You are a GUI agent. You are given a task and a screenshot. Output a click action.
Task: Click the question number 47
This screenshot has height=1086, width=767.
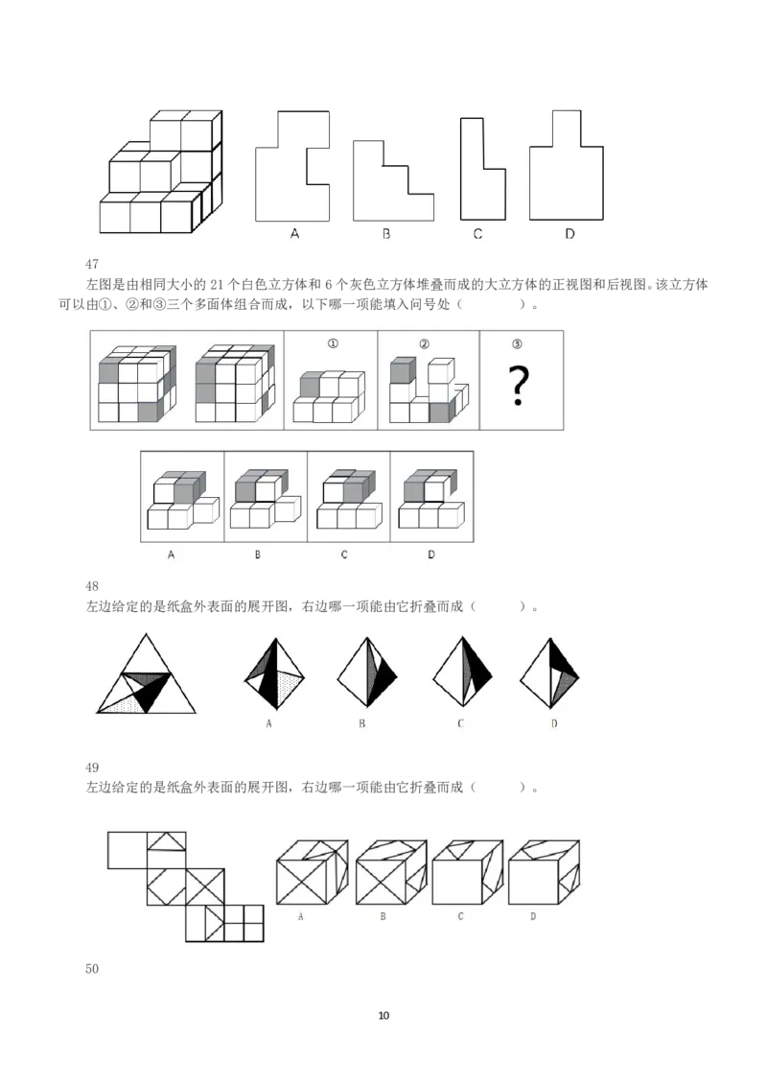pos(92,264)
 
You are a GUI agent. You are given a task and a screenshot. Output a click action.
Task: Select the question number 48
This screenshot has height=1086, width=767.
pos(92,586)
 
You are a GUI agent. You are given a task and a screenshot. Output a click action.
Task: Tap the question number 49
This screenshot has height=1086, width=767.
pos(92,767)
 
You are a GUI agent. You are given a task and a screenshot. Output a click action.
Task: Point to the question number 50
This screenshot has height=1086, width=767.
pos(92,969)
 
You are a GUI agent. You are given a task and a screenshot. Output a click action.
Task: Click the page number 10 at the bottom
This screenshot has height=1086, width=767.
pos(383,1015)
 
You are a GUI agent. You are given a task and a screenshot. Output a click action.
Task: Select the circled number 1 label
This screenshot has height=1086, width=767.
pos(333,343)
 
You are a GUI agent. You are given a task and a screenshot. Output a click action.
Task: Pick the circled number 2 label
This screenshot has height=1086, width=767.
pos(425,343)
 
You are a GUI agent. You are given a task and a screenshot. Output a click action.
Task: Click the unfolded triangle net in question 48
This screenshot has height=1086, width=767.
pos(146,673)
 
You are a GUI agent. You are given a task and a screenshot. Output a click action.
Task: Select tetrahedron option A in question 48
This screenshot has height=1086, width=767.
pos(274,674)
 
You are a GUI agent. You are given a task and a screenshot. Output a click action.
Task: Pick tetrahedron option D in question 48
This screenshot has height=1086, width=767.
pos(549,673)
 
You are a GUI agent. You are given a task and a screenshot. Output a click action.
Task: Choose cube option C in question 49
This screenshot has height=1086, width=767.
pos(467,873)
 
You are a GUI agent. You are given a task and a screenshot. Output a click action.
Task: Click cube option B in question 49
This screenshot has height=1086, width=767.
pos(391,873)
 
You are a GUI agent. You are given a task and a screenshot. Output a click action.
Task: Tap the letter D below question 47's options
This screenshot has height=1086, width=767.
pos(431,555)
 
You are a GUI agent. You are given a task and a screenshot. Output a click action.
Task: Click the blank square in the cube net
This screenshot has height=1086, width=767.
pos(128,851)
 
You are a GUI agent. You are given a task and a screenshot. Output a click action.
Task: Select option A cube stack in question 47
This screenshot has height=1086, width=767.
pos(183,500)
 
